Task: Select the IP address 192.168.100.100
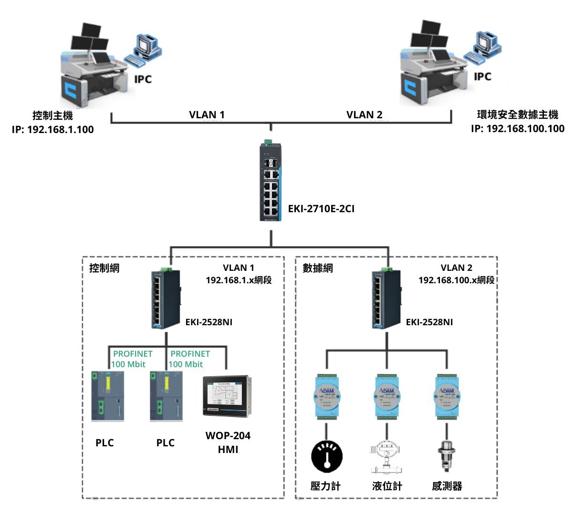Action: [x=518, y=129]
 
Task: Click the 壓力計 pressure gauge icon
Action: [x=327, y=456]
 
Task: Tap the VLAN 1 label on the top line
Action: [x=207, y=115]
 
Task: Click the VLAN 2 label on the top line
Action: [x=364, y=115]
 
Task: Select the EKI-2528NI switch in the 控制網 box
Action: [x=166, y=299]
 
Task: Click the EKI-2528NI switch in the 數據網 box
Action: [x=387, y=299]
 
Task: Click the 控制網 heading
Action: [x=105, y=268]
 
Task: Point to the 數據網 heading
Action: [x=318, y=268]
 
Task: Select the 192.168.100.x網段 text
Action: [x=456, y=280]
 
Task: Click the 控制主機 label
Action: [x=52, y=116]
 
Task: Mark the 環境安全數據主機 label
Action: [x=518, y=115]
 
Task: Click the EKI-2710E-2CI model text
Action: [x=321, y=209]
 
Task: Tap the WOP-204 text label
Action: [x=228, y=436]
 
